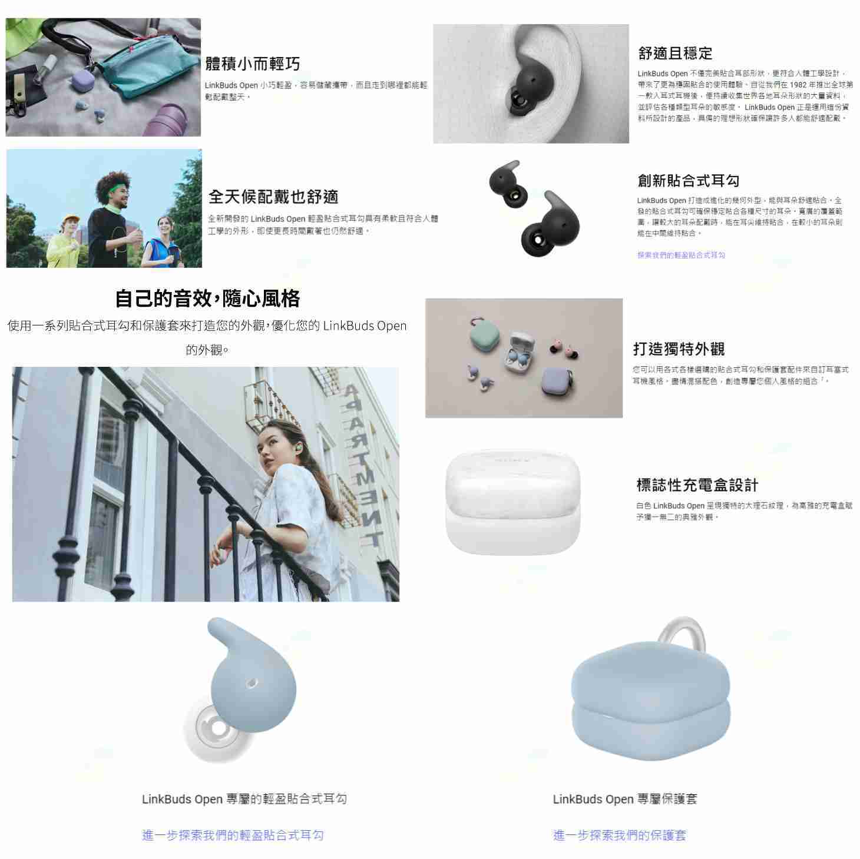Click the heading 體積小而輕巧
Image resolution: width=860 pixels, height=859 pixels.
point(252,64)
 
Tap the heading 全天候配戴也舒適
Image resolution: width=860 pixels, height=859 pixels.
point(273,197)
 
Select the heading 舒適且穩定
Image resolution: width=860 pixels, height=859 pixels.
point(675,54)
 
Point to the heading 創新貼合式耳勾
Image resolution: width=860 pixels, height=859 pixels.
point(688,180)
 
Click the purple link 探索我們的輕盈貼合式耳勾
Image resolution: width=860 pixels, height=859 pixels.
point(681,255)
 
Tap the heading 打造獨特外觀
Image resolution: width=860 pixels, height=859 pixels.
point(679,349)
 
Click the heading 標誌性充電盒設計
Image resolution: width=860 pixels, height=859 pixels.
point(697,485)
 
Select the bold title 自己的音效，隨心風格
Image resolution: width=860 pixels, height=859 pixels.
point(207,299)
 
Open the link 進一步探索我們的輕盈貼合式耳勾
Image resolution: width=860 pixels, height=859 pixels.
point(233,835)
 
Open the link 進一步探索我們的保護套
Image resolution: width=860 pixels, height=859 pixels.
point(620,835)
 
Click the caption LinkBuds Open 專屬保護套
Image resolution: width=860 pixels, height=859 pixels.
point(624,799)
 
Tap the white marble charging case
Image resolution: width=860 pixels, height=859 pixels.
point(512,500)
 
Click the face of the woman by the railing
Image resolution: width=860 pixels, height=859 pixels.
point(277,446)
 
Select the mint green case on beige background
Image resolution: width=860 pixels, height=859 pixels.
point(485,337)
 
